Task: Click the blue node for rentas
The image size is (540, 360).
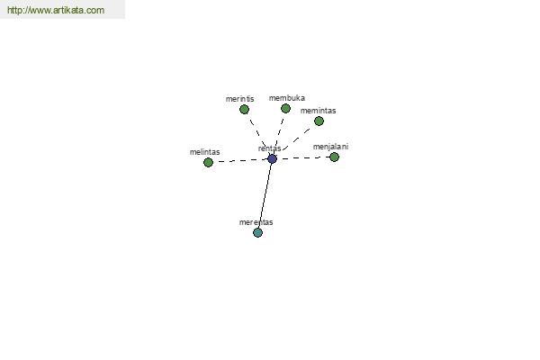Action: coord(272,158)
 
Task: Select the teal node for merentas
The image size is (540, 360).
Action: coord(257,233)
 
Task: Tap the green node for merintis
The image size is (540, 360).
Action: coord(244,110)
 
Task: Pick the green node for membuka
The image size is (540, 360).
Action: coord(285,109)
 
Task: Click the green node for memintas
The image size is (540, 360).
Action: coord(319,121)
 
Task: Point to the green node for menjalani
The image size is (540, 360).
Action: coord(334,157)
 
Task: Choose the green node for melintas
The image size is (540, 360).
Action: coord(208,162)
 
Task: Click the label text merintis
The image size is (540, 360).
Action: coord(239,99)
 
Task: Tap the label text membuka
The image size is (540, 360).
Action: coord(287,98)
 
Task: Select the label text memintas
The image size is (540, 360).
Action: coord(318,111)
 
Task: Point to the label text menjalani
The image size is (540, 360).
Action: coord(330,147)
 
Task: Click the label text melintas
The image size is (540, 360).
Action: coord(204,152)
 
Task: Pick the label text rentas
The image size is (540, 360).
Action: coord(269,148)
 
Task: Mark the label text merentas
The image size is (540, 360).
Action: coord(256,222)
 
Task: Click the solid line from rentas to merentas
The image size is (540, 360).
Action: coord(265,195)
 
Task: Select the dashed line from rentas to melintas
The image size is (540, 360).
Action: coord(240,160)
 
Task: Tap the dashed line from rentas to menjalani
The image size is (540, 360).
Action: coord(303,158)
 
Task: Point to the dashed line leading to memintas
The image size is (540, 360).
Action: coord(295,139)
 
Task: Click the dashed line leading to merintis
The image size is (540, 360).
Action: coord(258,134)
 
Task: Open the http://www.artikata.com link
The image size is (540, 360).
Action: coord(56,10)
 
